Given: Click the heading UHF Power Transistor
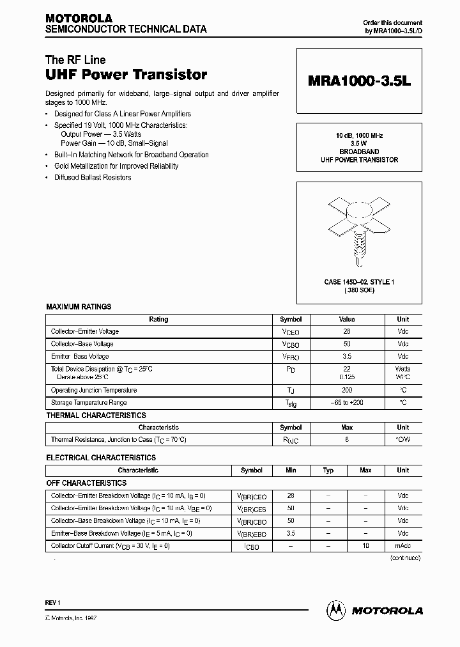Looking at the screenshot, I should [126, 75].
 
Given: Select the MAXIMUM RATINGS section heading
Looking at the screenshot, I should [79, 307].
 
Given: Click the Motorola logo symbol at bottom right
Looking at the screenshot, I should [335, 610].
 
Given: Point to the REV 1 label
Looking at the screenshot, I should [53, 602].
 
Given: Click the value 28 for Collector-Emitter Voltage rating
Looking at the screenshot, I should [347, 332].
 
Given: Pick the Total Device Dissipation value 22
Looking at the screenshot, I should [347, 369].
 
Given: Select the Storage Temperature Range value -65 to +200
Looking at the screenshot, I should [347, 403].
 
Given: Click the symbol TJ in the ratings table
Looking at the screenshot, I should [291, 391].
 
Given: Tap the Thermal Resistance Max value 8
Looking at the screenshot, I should [347, 440].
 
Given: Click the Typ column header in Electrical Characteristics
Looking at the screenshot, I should [328, 471].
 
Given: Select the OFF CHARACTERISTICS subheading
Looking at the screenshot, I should [86, 483].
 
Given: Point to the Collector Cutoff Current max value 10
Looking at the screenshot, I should [365, 546].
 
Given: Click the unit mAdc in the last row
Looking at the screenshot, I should [402, 546].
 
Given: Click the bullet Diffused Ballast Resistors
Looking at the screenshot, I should [93, 178].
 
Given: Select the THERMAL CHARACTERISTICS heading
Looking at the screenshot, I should [96, 416].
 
